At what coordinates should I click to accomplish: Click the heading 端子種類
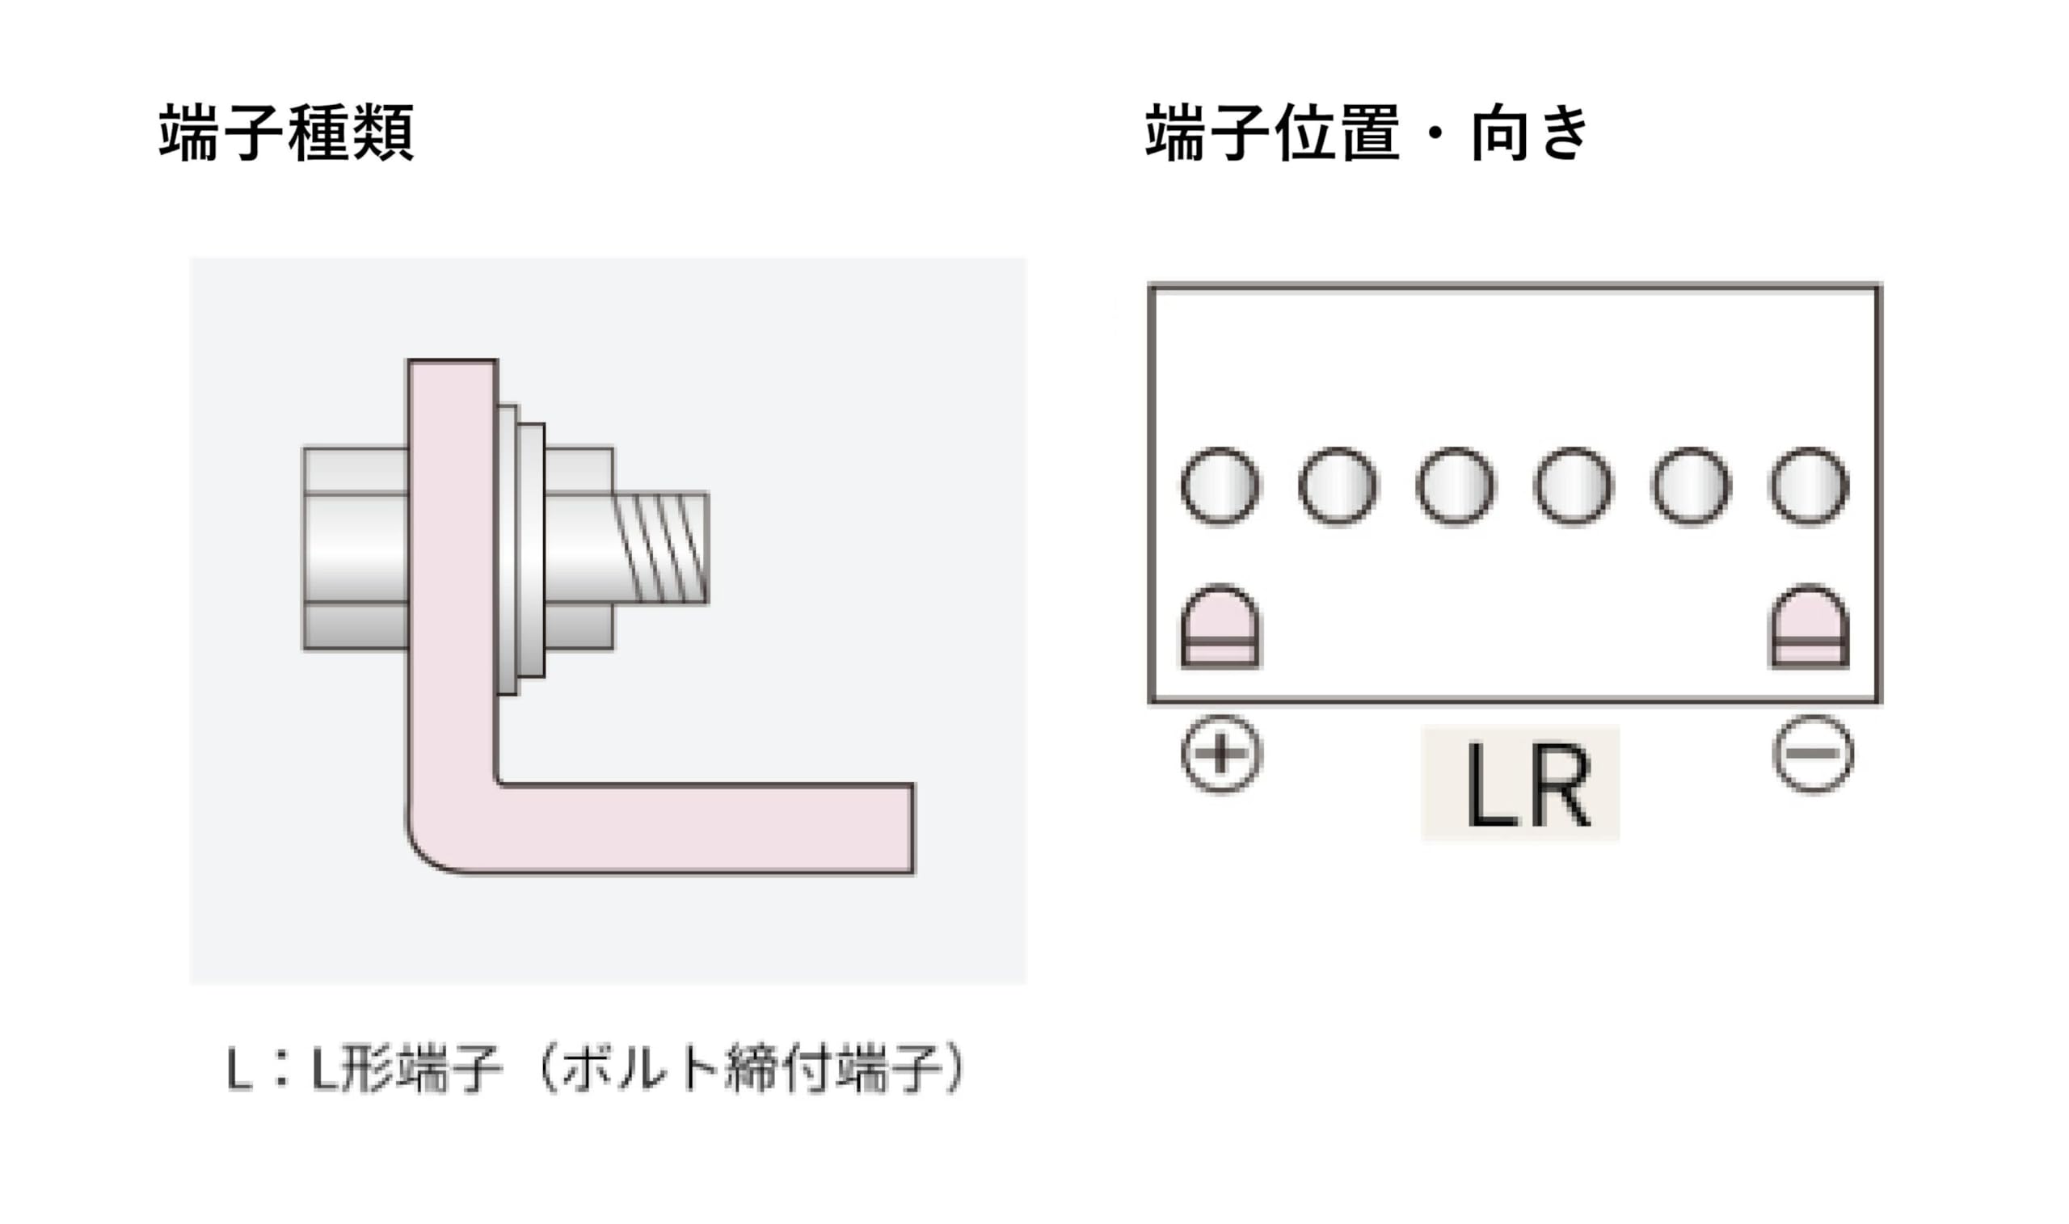coord(286,132)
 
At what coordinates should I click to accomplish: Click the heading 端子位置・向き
coord(1365,132)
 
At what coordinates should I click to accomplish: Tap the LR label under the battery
coord(1520,784)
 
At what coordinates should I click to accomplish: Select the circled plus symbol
coord(1221,754)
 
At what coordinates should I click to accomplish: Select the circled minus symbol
coord(1813,754)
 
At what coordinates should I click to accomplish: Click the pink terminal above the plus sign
coord(1220,626)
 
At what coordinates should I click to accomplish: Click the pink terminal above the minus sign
coord(1810,626)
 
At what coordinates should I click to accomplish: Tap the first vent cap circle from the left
coord(1220,486)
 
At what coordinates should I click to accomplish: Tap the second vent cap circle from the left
coord(1338,486)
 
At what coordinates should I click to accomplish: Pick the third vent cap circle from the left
coord(1456,486)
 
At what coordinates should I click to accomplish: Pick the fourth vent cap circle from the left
coord(1574,486)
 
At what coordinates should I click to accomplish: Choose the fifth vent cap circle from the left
coord(1692,486)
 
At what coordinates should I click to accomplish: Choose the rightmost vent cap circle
coord(1809,486)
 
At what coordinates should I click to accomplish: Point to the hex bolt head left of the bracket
coord(356,549)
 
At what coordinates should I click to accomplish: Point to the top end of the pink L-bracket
coord(452,380)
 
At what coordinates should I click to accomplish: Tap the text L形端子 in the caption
coord(404,1070)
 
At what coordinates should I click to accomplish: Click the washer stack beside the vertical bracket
coord(521,549)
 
